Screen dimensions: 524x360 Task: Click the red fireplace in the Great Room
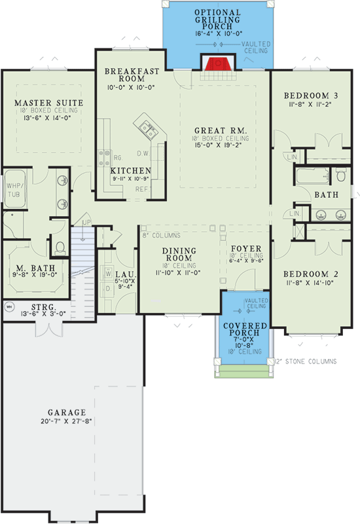coord(214,64)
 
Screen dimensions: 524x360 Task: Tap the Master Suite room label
coord(48,103)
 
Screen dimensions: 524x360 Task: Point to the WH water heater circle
coord(9,305)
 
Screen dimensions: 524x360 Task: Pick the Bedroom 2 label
coord(304,274)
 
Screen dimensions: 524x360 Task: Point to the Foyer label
coord(247,249)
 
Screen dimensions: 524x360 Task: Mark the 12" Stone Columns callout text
coord(306,361)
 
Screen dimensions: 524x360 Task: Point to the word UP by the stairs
coord(85,223)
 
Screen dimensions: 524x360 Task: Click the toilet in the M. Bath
coord(60,247)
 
